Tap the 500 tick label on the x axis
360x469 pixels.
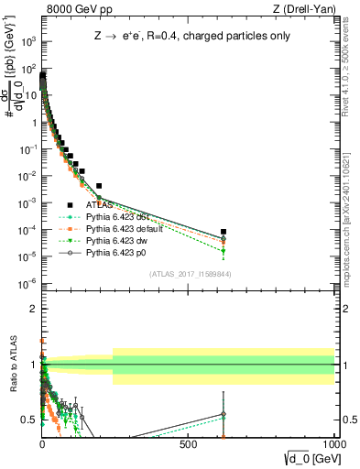tap(189, 443)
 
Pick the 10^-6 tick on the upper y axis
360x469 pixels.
tap(28, 282)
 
